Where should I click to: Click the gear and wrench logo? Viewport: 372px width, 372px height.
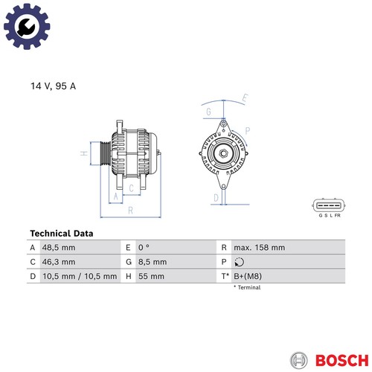click(27, 26)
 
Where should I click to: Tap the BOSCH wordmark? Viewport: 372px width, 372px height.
click(342, 360)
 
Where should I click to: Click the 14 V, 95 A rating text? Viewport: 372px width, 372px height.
click(53, 86)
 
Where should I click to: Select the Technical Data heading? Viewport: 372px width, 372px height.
click(62, 234)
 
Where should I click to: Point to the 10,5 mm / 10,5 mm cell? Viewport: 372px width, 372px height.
click(80, 276)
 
